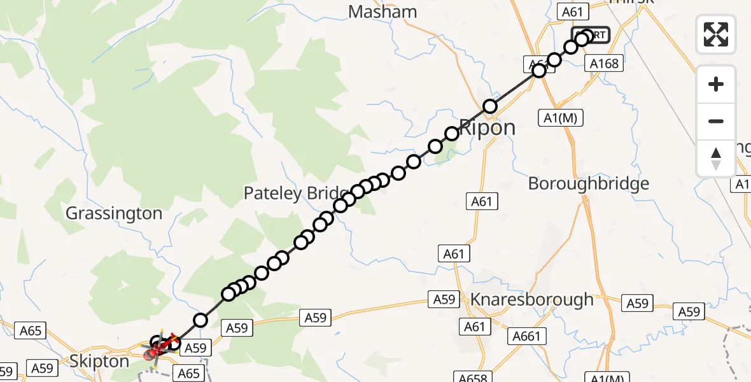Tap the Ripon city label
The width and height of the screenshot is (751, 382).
click(x=487, y=127)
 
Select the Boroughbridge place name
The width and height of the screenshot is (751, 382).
click(x=589, y=184)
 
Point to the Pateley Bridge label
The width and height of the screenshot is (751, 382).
click(x=296, y=194)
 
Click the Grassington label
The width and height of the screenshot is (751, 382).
click(x=114, y=213)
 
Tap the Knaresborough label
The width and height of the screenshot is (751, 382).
click(x=531, y=299)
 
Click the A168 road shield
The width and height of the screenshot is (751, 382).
click(x=604, y=64)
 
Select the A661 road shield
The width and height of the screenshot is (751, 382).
click(x=526, y=336)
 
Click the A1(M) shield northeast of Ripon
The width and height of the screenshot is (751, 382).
click(x=561, y=117)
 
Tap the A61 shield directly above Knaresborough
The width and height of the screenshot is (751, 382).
click(x=454, y=254)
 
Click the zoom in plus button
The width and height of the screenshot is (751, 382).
click(x=716, y=84)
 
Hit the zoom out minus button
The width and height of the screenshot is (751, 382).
click(x=716, y=121)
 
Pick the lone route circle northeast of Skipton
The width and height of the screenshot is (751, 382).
click(x=200, y=320)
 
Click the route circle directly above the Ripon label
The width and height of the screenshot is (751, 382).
click(x=490, y=106)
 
